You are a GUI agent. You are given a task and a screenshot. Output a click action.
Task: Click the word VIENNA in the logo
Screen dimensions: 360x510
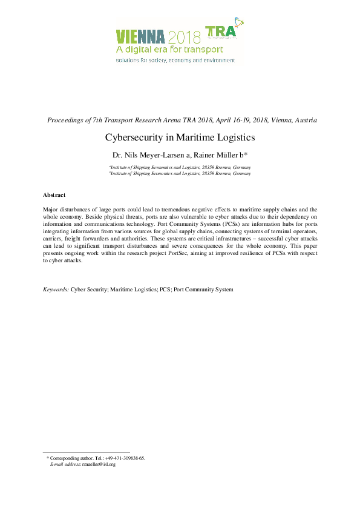137,35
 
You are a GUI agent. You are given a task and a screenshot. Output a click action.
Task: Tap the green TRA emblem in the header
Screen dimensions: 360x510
221,30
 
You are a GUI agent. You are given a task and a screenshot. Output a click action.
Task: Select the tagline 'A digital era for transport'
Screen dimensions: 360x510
169,49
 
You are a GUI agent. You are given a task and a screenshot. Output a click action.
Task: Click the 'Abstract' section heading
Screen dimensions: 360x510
54,195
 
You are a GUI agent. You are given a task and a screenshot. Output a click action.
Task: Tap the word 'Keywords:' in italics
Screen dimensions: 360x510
56,290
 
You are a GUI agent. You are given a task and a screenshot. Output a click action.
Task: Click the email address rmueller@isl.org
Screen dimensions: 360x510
99,464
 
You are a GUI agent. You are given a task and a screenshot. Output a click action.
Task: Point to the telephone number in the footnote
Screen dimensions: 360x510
126,458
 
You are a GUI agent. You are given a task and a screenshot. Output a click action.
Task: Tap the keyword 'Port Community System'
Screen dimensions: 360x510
203,290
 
